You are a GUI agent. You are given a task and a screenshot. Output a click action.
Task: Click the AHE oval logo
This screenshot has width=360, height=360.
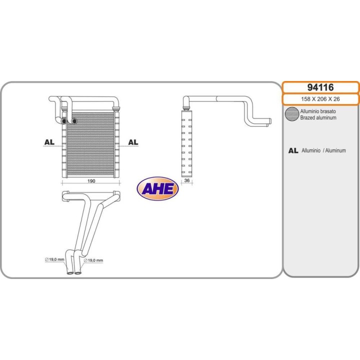[x=157, y=188]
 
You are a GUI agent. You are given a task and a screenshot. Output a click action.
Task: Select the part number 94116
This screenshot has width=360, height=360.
[x=320, y=87]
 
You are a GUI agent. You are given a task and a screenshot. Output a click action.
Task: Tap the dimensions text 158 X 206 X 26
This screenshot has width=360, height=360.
[x=320, y=99]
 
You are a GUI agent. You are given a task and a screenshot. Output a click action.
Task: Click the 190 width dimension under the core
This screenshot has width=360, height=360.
[x=91, y=181]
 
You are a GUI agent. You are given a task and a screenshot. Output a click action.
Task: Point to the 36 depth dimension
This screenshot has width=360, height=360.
[x=187, y=180]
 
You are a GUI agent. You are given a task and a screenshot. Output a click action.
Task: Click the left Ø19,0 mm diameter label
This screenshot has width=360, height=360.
[x=54, y=259]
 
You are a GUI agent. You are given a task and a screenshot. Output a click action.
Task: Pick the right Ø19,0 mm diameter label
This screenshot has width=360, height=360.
[x=93, y=260]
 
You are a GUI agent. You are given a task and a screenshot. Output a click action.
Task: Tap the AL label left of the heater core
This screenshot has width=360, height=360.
[x=49, y=142]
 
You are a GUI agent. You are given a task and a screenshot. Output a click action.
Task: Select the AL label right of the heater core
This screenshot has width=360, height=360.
[x=133, y=142]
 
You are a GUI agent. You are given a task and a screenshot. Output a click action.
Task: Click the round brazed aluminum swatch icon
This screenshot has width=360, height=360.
[x=292, y=114]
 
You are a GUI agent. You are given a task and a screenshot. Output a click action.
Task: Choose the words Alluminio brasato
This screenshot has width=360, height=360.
[x=318, y=111]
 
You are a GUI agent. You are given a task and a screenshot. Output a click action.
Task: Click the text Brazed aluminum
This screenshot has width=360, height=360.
[x=318, y=118]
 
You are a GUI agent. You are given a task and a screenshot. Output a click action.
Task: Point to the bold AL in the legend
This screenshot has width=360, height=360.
[x=293, y=150]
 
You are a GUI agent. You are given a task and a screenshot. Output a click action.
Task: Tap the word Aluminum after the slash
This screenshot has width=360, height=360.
[x=335, y=150]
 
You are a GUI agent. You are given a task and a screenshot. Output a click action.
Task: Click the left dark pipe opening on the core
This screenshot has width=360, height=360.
[x=63, y=121]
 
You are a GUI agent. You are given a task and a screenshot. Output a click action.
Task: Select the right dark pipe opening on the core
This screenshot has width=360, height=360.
[x=73, y=121]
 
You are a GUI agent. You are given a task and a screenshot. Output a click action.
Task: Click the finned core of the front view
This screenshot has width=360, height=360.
[x=90, y=144]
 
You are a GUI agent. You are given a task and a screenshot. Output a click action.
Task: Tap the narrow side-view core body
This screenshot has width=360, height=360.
[x=186, y=143]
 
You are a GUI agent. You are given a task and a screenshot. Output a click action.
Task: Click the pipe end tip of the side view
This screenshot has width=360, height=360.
[x=270, y=121]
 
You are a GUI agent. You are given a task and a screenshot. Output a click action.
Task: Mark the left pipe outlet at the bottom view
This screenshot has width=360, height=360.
[x=69, y=273]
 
